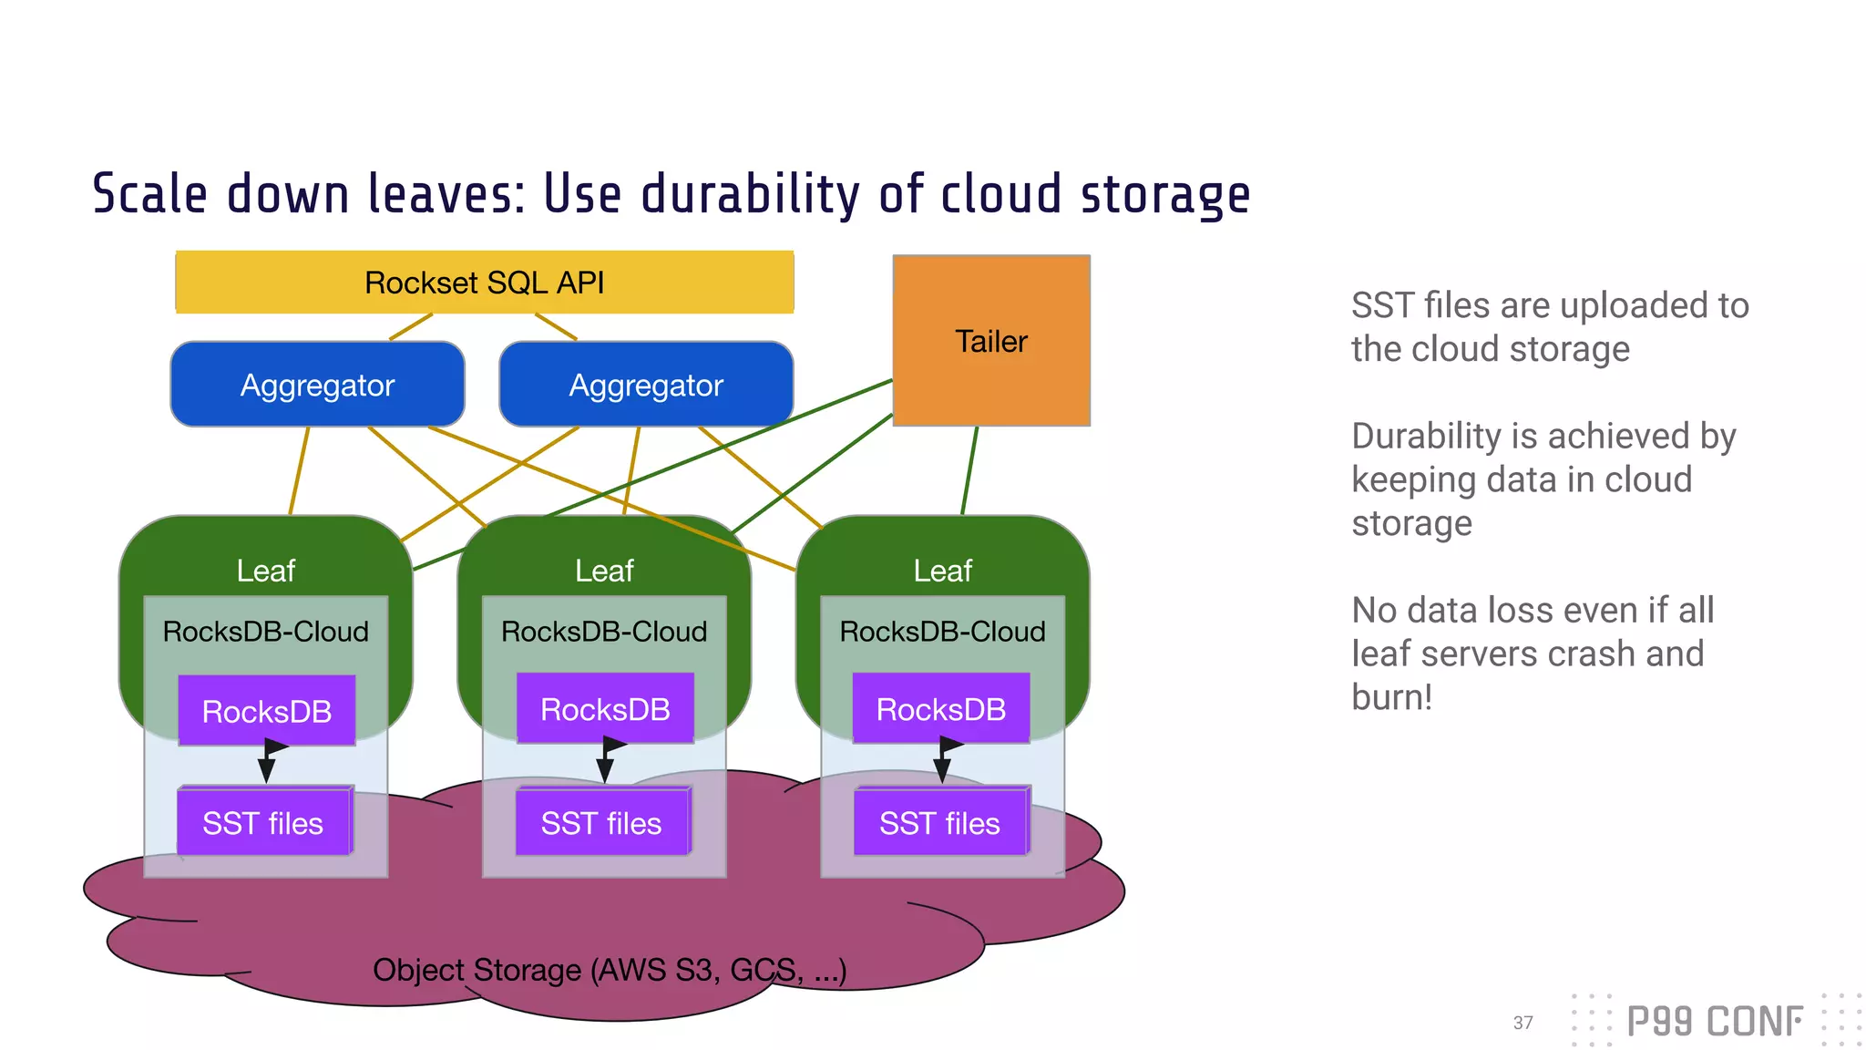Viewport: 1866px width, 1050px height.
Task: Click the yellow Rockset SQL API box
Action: pyautogui.click(x=484, y=283)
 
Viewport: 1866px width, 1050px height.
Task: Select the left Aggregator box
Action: pyautogui.click(x=317, y=385)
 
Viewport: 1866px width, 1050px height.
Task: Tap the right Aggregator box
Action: pyautogui.click(x=646, y=385)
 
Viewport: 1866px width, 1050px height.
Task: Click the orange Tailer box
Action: pyautogui.click(x=991, y=341)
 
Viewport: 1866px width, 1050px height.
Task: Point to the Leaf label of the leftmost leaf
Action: pyautogui.click(x=265, y=571)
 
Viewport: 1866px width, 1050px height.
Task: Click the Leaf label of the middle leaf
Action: pyautogui.click(x=604, y=571)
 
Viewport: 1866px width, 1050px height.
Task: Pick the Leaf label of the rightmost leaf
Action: pyautogui.click(x=942, y=571)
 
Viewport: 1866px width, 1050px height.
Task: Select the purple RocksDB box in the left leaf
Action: pyautogui.click(x=267, y=711)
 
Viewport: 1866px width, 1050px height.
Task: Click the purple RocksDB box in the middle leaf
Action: pyautogui.click(x=605, y=708)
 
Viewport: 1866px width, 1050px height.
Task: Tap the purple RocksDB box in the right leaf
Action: pyautogui.click(x=941, y=708)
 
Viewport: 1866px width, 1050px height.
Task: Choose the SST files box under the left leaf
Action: pyautogui.click(x=263, y=823)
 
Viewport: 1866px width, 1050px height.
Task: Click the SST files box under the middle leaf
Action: pyautogui.click(x=601, y=823)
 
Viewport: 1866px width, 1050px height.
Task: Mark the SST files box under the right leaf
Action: pyautogui.click(x=940, y=823)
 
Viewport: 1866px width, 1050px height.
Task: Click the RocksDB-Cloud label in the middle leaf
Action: pyautogui.click(x=604, y=631)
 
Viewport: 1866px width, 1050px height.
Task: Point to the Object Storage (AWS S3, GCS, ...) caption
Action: pyautogui.click(x=610, y=970)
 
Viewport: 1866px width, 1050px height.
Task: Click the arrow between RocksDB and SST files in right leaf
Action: pyautogui.click(x=943, y=761)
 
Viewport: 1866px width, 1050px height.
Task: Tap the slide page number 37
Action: pyautogui.click(x=1523, y=1023)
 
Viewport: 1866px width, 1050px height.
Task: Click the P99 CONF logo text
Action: pyautogui.click(x=1715, y=1022)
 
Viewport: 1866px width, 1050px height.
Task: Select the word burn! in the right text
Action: pyautogui.click(x=1391, y=697)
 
